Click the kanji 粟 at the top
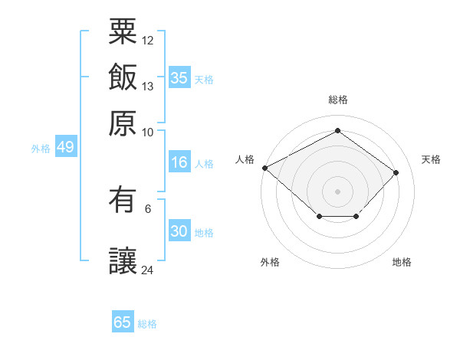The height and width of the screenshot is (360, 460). coord(123,31)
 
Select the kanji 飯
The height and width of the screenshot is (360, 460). coord(123,77)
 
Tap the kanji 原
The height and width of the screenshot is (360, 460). coord(123,123)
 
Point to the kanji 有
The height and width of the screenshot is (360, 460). coord(123,200)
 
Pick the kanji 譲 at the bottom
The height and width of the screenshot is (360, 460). coord(123,260)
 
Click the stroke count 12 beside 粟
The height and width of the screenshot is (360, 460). coord(147,41)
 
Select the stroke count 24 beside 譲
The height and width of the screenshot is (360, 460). coord(147,270)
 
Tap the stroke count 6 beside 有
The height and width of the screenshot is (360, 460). coord(148,209)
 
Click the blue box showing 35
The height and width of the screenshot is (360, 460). coord(179,77)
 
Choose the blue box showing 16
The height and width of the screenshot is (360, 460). coord(179,162)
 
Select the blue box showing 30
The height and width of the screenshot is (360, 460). coord(179,230)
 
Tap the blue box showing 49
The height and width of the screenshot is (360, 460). coord(66,146)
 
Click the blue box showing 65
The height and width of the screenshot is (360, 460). coord(123,321)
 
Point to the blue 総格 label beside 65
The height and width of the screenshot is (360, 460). coord(147,324)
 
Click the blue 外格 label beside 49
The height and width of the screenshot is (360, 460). coord(41,149)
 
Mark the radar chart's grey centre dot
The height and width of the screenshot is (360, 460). coord(337,191)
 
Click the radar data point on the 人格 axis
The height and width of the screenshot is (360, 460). coord(265,168)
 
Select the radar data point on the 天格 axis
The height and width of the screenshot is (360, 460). coord(396,172)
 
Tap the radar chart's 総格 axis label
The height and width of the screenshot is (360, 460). coord(338,100)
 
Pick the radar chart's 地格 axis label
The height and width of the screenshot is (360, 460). coord(402,262)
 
